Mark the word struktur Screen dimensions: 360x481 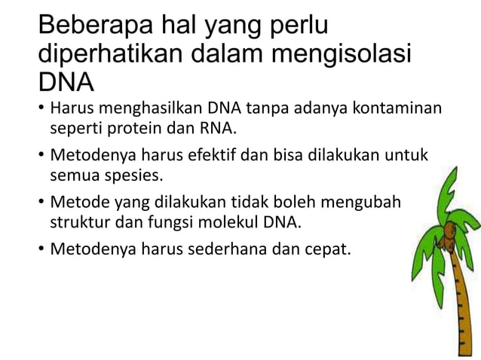tap(80, 222)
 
